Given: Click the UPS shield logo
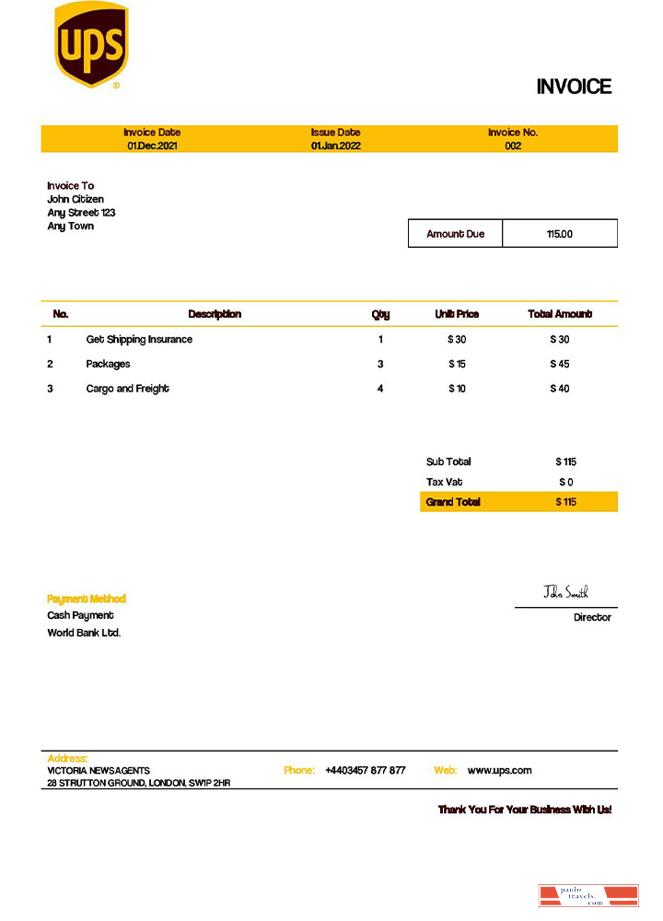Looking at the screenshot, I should click(90, 44).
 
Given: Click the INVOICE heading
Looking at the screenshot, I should click(574, 87).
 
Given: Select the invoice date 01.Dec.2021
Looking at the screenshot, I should click(152, 146).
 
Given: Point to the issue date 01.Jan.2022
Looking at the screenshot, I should click(335, 146).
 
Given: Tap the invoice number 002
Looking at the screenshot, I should click(513, 146).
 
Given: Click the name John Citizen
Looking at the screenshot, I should click(76, 199).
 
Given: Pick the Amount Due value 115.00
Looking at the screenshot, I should click(559, 234).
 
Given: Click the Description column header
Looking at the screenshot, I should click(215, 314).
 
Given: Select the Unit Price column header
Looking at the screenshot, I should click(457, 314).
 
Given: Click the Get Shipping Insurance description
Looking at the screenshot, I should click(139, 339).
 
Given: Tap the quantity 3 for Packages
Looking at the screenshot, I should click(380, 364).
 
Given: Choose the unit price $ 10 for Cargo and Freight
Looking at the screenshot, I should click(457, 389).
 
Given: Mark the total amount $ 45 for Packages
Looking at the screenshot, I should click(560, 364).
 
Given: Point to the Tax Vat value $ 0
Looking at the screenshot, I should click(565, 482).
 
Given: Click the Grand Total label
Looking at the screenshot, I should click(453, 502).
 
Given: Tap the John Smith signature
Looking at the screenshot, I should click(565, 591).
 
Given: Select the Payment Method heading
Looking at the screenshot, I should click(87, 599).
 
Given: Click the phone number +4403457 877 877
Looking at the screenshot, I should click(365, 770).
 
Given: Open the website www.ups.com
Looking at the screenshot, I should click(499, 770).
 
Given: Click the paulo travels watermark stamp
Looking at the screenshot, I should click(587, 895).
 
